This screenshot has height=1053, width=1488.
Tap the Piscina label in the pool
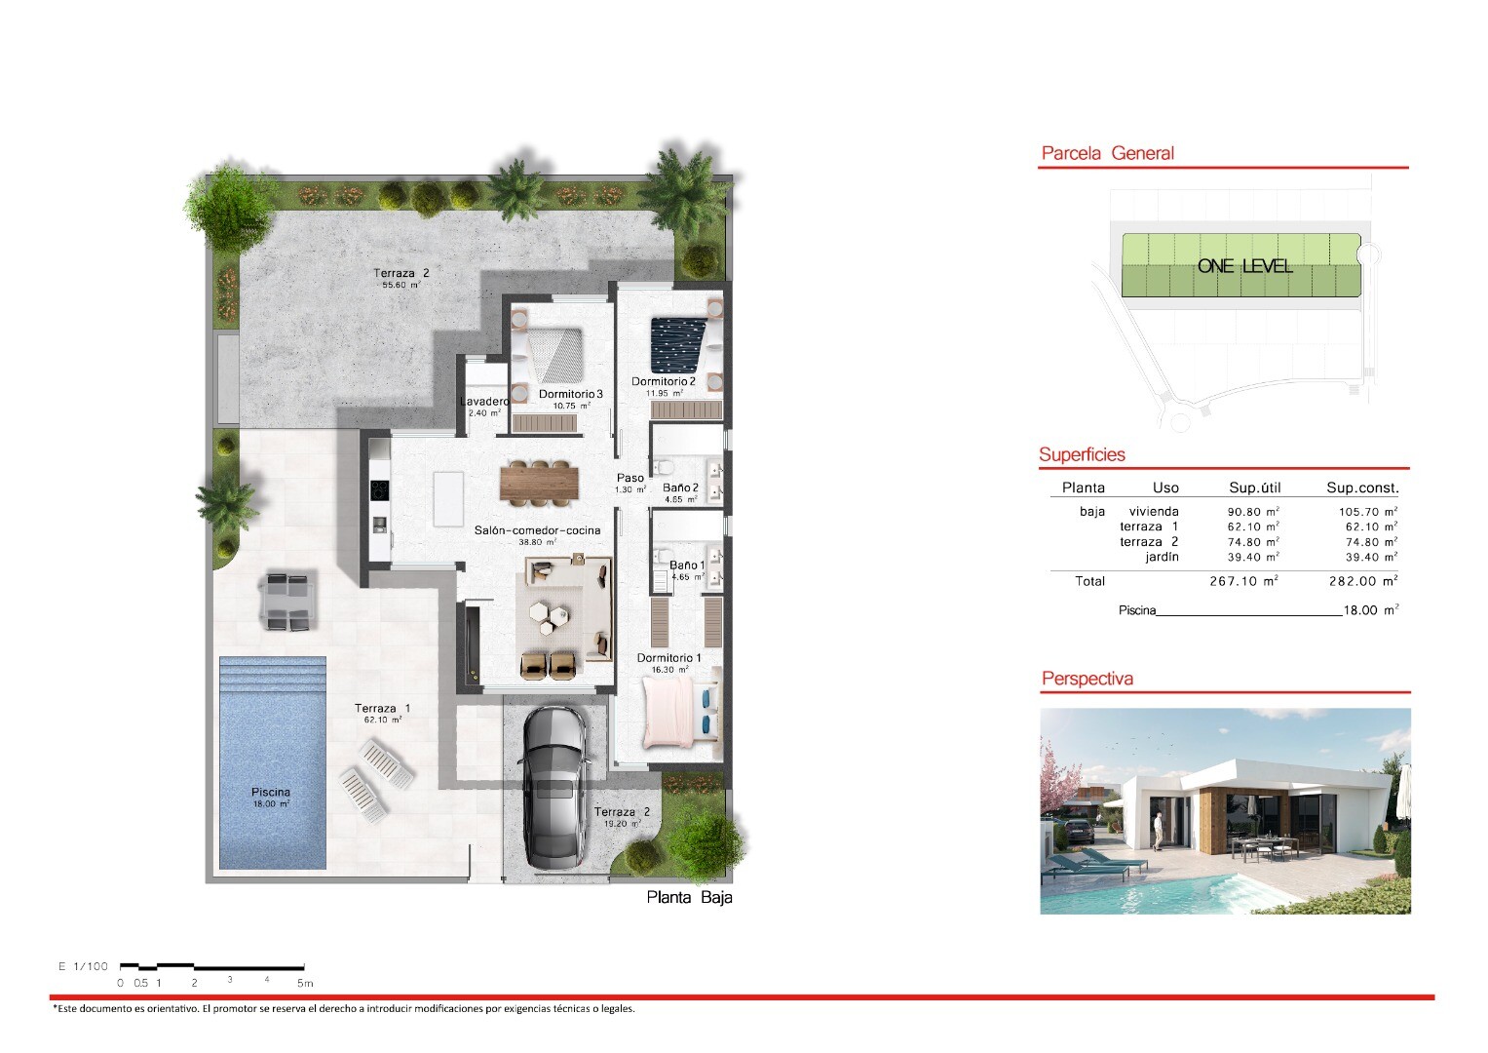270,793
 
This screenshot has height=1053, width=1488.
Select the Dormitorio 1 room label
668,658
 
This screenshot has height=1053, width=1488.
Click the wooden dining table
540,483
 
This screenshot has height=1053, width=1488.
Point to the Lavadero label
485,402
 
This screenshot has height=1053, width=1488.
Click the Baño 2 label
680,487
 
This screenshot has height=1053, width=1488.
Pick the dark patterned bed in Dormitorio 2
678,345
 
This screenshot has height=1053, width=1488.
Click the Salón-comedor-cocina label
537,530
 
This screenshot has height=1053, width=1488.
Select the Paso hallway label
630,478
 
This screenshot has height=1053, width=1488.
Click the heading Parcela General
1107,154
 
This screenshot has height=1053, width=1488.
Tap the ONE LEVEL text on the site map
1244,266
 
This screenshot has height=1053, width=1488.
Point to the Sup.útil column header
1255,487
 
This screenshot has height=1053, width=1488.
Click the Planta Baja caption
690,897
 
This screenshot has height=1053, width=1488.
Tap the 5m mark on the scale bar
305,983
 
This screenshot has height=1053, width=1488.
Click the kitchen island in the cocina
448,498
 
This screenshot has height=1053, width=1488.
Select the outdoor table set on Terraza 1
287,603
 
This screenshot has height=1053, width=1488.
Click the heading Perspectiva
1087,679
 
